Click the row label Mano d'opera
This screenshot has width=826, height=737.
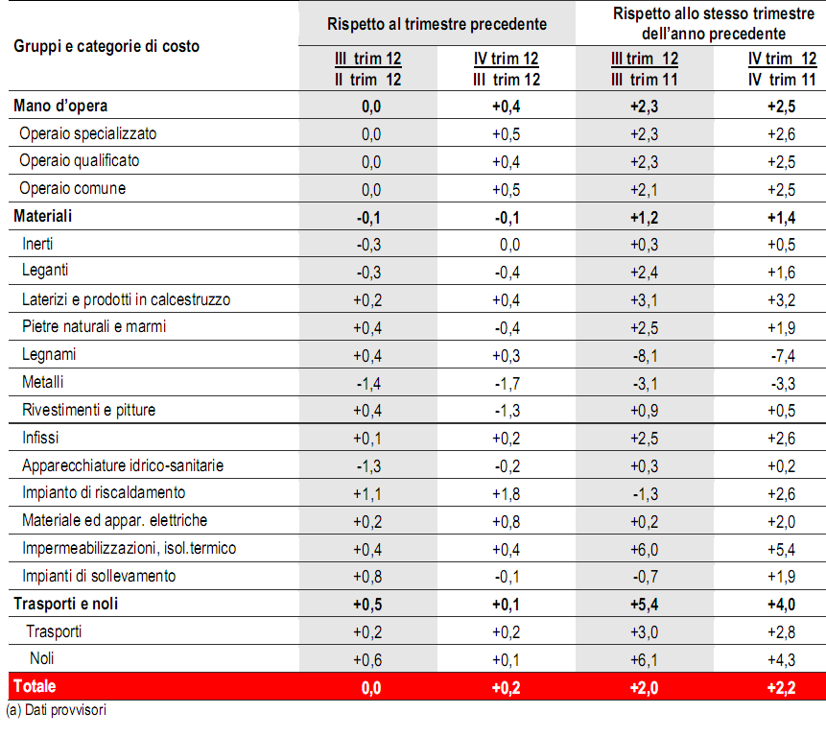tap(54, 106)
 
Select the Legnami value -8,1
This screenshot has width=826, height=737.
tap(645, 355)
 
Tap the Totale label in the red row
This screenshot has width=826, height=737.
tap(35, 686)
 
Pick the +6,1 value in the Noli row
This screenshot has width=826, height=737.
tap(645, 659)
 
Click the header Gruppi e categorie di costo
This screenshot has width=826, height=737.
tap(106, 45)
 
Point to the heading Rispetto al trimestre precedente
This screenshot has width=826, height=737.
tap(437, 23)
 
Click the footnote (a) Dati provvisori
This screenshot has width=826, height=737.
tap(56, 711)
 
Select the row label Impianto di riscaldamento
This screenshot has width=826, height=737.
tap(104, 493)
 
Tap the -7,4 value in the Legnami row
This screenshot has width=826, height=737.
tap(783, 355)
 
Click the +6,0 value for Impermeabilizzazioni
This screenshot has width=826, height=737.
tap(645, 549)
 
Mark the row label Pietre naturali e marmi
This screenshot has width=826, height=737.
tap(94, 326)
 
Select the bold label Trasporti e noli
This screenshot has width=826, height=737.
tap(65, 605)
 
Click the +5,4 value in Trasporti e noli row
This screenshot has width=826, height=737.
tap(645, 605)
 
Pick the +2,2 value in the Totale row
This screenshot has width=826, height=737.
tap(783, 687)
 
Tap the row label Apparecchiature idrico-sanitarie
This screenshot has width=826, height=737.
tap(122, 465)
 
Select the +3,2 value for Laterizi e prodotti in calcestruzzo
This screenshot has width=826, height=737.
tap(783, 299)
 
